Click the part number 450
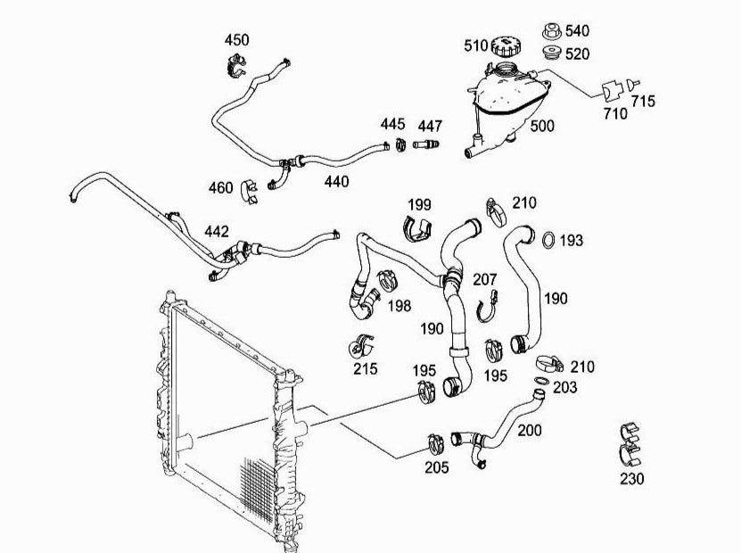click(x=236, y=40)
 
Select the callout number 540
click(x=577, y=31)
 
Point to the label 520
click(x=577, y=54)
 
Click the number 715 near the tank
click(x=642, y=101)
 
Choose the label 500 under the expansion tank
click(x=542, y=126)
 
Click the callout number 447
click(x=430, y=124)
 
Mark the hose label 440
click(x=336, y=181)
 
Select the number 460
click(x=220, y=188)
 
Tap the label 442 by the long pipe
click(x=217, y=231)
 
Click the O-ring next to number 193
click(x=549, y=239)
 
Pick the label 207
click(x=484, y=280)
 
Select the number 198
click(x=399, y=306)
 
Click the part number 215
click(x=365, y=368)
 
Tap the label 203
click(x=564, y=387)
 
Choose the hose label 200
click(x=530, y=430)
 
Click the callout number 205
click(x=437, y=467)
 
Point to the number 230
click(x=631, y=479)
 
